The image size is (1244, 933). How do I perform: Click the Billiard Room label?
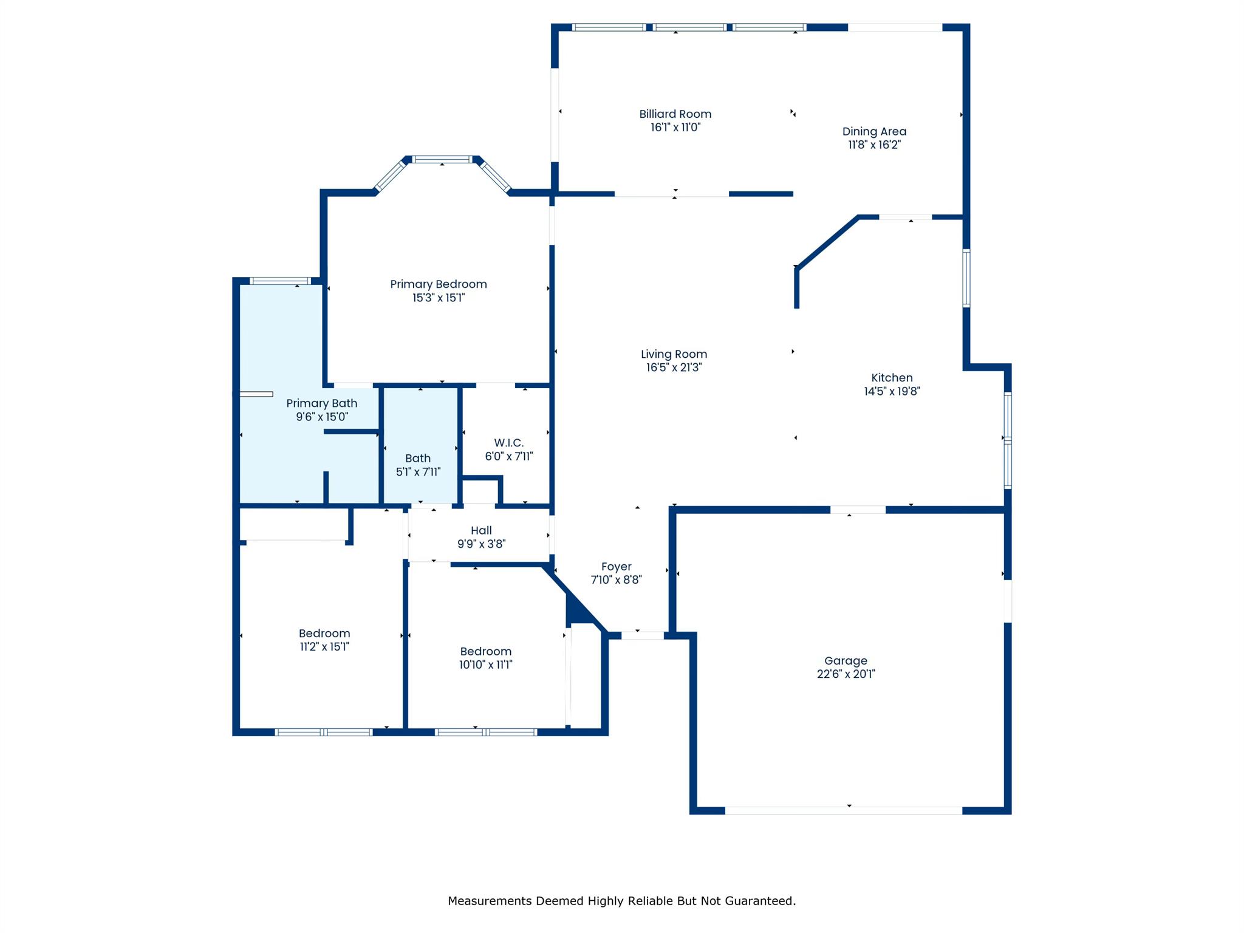coord(675,114)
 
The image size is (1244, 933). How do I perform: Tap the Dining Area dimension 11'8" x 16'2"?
coord(874,145)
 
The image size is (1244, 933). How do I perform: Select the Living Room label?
coord(674,354)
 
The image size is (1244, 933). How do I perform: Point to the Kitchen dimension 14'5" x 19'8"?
coord(892,391)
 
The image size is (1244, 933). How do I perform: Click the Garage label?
coord(846,661)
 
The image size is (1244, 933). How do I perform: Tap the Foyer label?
coord(616,567)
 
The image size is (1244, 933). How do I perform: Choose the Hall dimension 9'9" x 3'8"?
coord(481,544)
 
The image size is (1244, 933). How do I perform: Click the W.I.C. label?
coord(508,443)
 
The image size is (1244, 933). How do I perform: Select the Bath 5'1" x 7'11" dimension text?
coord(418,472)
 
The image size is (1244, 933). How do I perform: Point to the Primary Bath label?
coord(321,403)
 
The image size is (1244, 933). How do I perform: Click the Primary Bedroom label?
coord(438,284)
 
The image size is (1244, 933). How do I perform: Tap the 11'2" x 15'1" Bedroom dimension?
coord(324,647)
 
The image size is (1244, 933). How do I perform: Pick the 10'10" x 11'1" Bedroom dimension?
coord(485,665)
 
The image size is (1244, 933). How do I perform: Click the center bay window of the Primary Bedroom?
coord(442,160)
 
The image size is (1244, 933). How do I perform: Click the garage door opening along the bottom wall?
coord(844,810)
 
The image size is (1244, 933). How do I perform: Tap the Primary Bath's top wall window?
coord(280,281)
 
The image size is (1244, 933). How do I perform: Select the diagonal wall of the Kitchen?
coord(827,242)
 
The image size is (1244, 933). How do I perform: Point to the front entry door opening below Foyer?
coord(643,635)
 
